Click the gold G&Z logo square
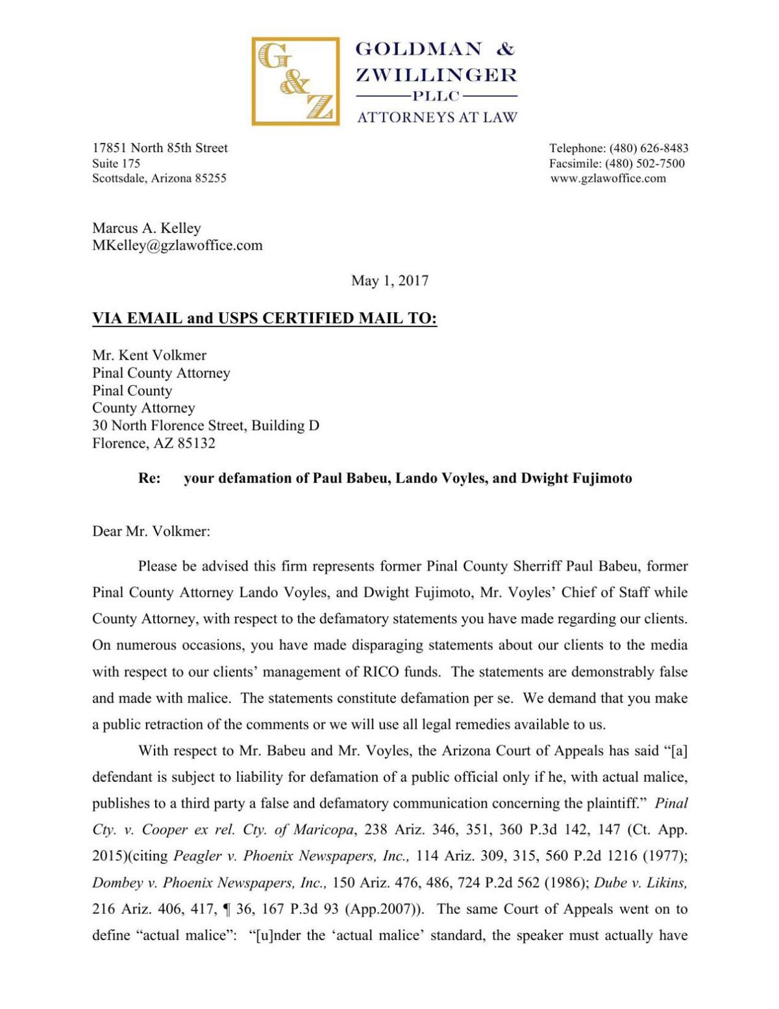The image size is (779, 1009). point(295,81)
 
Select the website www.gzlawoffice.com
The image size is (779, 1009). point(608,179)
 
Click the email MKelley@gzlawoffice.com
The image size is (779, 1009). point(177,245)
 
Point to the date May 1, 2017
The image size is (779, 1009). point(389,280)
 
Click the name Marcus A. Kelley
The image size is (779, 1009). point(147,228)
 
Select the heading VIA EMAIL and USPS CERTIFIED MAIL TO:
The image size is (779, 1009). point(264,319)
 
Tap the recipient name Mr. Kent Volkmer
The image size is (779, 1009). point(149,355)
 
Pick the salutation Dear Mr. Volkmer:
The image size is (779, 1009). point(151,531)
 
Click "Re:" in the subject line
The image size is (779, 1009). point(149,479)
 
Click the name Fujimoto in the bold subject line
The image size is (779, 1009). point(600,479)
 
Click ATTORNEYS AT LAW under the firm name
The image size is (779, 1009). point(438,118)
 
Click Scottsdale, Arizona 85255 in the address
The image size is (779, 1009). point(159,179)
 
